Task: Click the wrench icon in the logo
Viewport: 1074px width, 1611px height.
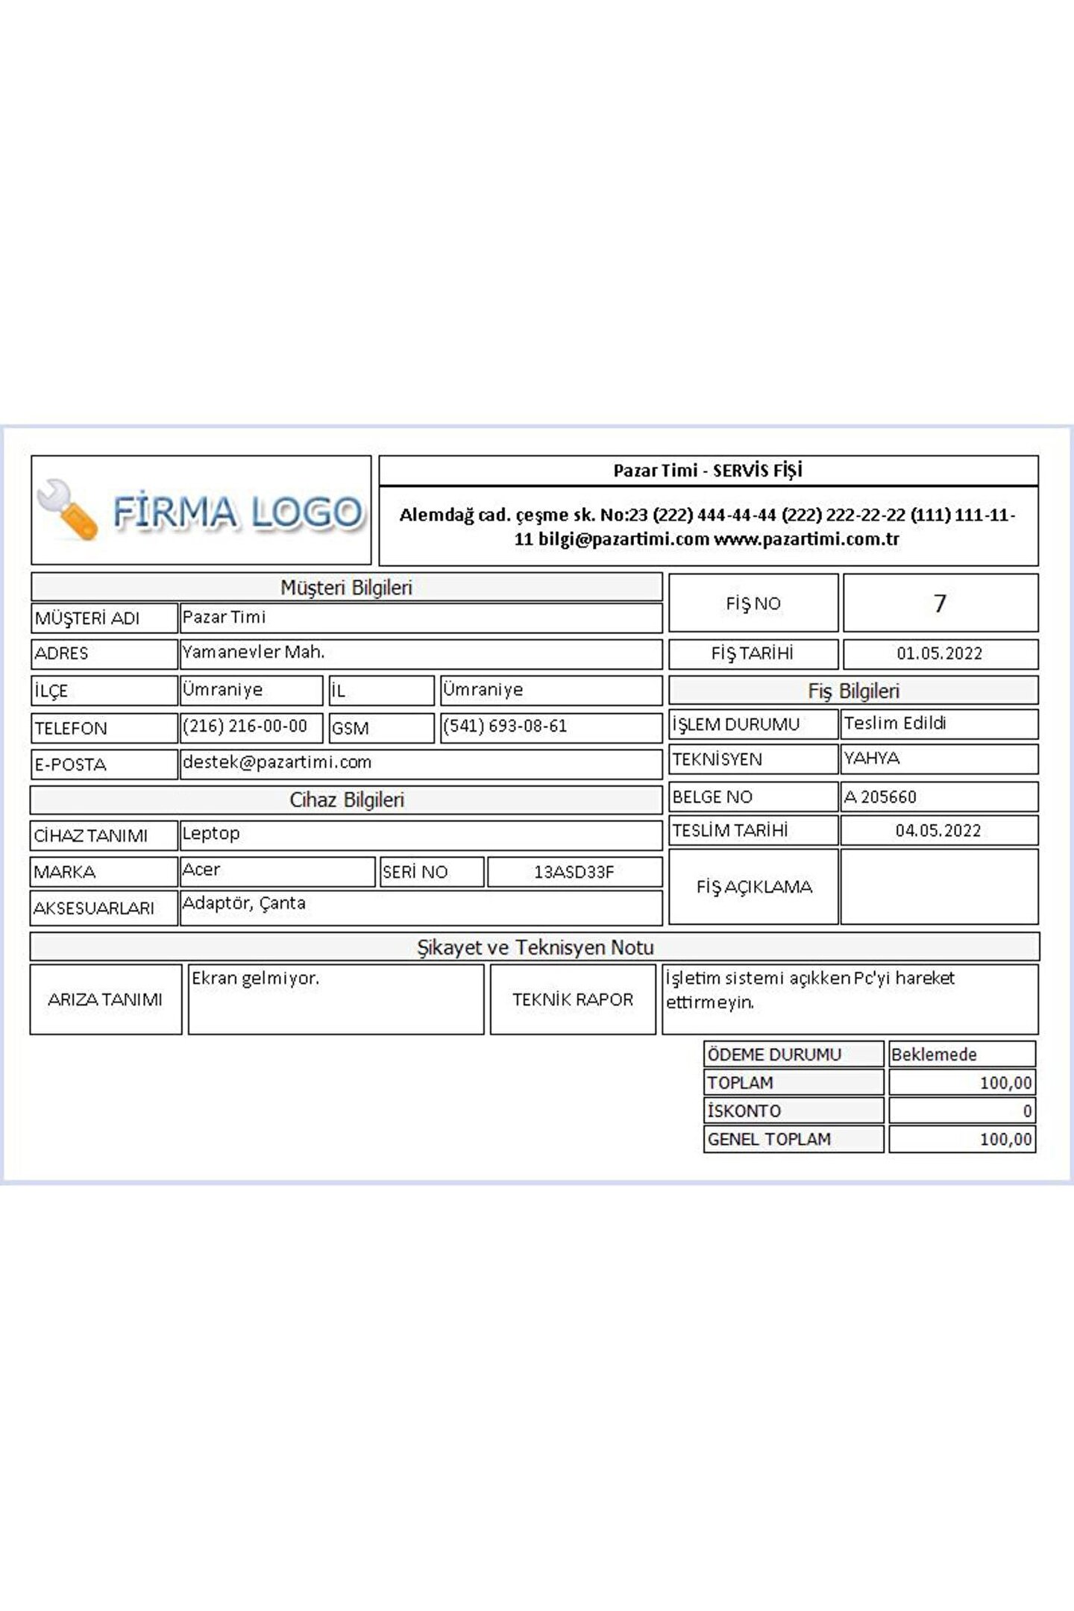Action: click(x=67, y=509)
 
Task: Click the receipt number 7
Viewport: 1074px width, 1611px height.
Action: click(x=940, y=603)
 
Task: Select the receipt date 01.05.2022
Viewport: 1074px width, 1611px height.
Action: click(x=939, y=654)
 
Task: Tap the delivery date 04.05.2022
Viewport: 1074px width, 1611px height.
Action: click(x=938, y=831)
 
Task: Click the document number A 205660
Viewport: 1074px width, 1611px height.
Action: click(x=880, y=797)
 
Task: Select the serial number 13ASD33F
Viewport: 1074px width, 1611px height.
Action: click(x=574, y=872)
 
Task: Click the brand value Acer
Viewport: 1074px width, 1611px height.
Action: click(x=201, y=870)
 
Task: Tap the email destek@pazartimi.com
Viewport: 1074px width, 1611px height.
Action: click(x=277, y=762)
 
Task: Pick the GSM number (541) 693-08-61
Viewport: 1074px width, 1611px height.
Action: click(x=505, y=726)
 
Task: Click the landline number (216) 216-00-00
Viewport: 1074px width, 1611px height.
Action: click(x=245, y=726)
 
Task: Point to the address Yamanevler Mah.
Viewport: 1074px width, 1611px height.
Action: click(x=254, y=653)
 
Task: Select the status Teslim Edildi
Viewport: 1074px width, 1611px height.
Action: click(x=895, y=723)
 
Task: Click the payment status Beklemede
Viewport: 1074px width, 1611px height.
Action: click(x=934, y=1055)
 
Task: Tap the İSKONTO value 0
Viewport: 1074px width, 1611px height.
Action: click(x=1027, y=1111)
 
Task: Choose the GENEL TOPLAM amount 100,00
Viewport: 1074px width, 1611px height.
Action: click(x=1005, y=1140)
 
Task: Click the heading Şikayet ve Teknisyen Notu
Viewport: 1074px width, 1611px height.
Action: click(x=535, y=948)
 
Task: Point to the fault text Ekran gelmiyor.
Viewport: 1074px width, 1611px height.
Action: click(x=255, y=979)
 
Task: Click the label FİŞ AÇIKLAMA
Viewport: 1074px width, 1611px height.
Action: click(x=753, y=887)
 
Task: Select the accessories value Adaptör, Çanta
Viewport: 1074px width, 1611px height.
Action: click(x=244, y=904)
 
